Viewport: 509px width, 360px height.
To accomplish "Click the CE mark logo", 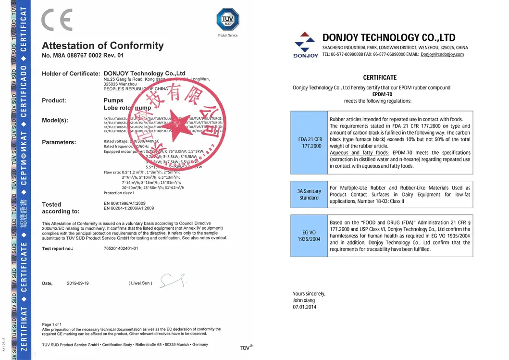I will (x=57, y=20).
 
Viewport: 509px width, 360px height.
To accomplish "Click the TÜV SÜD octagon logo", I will (x=227, y=20).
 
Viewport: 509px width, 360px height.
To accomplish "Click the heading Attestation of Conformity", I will (x=103, y=46).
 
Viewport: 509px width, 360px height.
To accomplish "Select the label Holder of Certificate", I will (x=71, y=74).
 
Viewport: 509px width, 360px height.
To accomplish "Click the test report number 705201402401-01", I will (x=121, y=248).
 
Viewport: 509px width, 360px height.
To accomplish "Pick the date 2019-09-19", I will (x=78, y=283).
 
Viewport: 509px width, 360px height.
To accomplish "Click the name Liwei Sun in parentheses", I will (x=140, y=283).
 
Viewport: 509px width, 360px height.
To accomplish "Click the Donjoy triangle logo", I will (x=305, y=42).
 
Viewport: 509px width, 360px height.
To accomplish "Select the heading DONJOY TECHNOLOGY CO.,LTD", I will (x=389, y=37).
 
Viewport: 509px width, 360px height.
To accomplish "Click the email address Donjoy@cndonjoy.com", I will (x=442, y=54).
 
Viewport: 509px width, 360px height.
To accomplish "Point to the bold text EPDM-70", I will (x=379, y=94).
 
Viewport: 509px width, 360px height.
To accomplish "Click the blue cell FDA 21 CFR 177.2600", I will (x=310, y=142).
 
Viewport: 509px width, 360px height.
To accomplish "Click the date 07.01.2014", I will (x=305, y=307).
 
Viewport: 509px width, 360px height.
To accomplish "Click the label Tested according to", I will (x=61, y=208).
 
